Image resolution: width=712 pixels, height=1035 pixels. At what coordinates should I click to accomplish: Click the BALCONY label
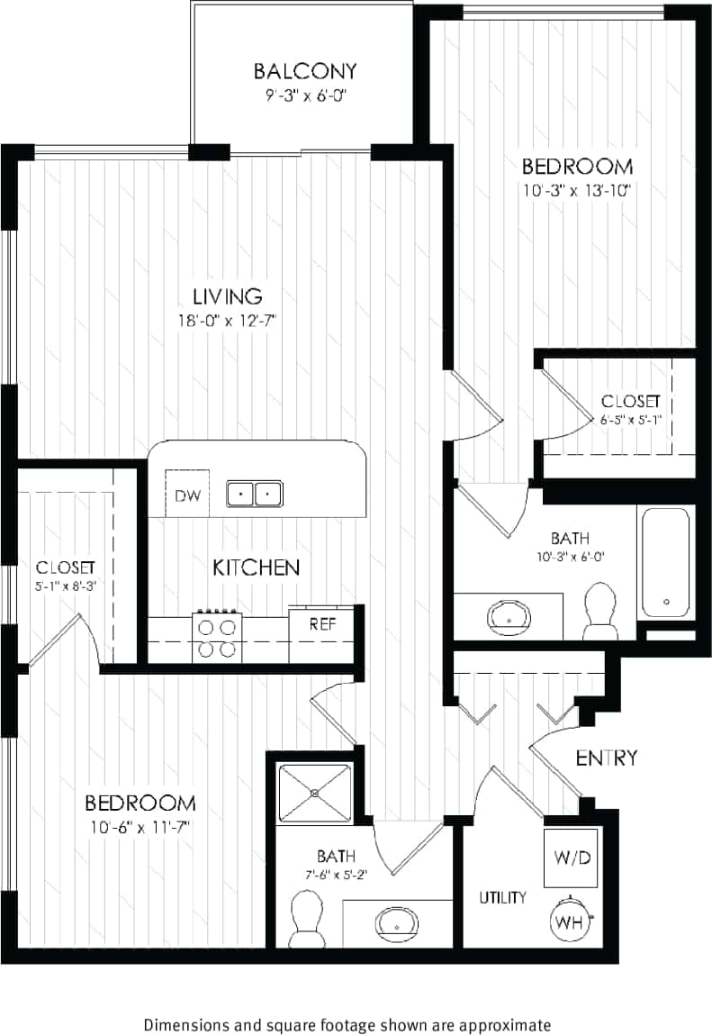[x=305, y=71]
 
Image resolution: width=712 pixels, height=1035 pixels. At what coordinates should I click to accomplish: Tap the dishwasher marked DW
[x=186, y=494]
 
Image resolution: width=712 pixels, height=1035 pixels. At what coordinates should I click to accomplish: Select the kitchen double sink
[x=254, y=494]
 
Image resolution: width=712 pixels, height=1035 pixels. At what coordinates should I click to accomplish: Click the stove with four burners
[x=218, y=636]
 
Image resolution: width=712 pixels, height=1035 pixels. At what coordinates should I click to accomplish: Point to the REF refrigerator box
[x=323, y=623]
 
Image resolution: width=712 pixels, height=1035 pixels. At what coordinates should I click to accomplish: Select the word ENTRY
[x=606, y=758]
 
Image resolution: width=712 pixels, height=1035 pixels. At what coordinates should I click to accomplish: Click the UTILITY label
[x=502, y=897]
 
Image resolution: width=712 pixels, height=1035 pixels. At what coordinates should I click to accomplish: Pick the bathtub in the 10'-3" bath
[x=666, y=563]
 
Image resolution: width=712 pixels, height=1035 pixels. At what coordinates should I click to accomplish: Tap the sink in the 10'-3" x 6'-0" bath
[x=509, y=616]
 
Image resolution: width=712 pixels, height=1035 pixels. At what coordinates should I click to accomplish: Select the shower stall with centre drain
[x=315, y=793]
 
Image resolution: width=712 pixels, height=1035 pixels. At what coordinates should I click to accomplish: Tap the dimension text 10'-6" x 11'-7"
[x=140, y=825]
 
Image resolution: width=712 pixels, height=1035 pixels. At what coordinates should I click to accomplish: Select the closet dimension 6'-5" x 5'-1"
[x=630, y=419]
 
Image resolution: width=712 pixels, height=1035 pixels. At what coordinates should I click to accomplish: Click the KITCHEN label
[x=256, y=567]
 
